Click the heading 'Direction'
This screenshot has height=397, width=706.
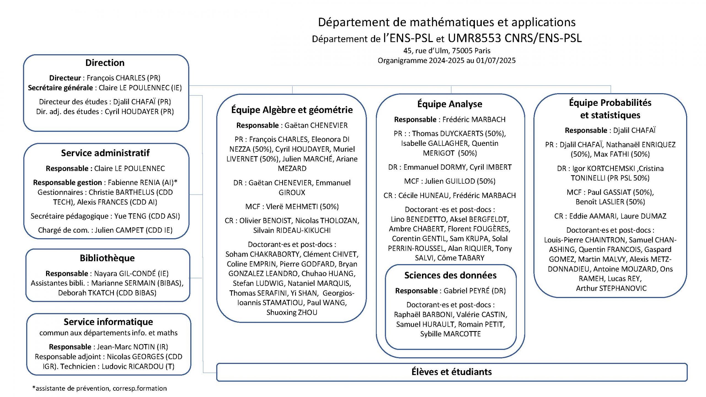pos(105,63)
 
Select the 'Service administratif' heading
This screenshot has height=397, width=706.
pos(105,153)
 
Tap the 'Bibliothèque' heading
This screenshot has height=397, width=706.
pos(107,258)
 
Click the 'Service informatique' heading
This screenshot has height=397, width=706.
pos(108,322)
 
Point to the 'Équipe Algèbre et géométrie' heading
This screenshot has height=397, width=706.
pos(292,110)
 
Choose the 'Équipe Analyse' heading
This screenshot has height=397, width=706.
pos(450,104)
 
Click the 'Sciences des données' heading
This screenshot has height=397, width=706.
pos(450,275)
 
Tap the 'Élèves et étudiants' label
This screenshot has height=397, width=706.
pos(452,372)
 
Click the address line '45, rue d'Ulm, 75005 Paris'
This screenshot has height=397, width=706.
pos(447,51)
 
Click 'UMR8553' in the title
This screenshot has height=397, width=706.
pos(474,38)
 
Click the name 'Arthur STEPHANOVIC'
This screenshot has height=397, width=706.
pos(611,288)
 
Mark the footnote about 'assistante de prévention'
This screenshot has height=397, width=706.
pos(100,388)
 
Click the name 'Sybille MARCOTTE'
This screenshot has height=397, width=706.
pos(450,334)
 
